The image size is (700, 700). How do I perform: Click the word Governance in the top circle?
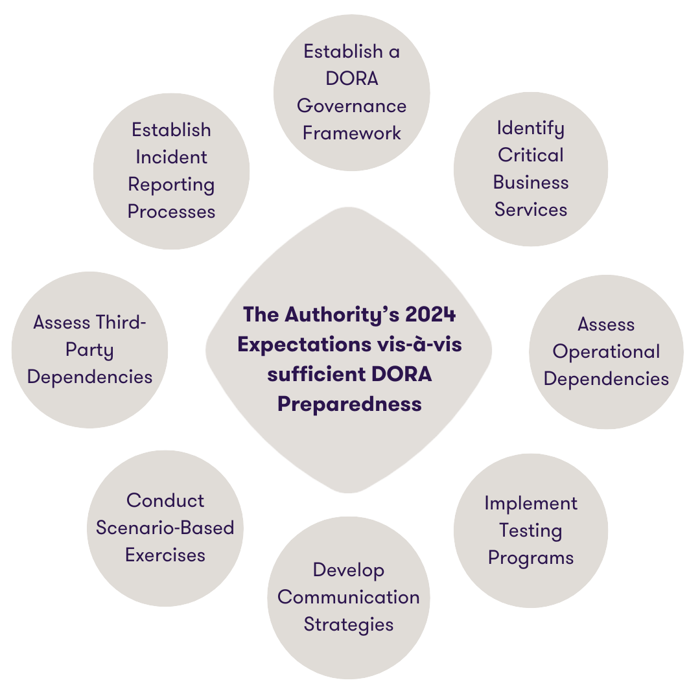[351, 106]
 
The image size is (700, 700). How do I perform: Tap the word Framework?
[351, 134]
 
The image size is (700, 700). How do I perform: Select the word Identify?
[530, 128]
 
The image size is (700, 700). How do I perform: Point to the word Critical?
[530, 156]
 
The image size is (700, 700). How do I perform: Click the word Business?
[530, 183]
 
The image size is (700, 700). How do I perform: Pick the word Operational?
[606, 352]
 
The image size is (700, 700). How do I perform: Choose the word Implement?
[530, 504]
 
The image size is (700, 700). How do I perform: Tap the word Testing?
[530, 531]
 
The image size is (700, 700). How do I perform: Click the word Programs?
[530, 558]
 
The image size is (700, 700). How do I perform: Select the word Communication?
[348, 598]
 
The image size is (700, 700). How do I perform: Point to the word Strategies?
[348, 625]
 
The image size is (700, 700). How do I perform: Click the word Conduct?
[165, 501]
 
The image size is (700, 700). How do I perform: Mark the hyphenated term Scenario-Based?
[165, 528]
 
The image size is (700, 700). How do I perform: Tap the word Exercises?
[165, 555]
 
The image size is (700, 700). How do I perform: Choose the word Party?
[89, 350]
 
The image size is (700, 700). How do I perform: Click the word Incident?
[171, 157]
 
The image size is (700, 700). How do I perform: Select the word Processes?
[171, 212]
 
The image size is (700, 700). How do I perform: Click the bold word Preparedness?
[349, 404]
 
